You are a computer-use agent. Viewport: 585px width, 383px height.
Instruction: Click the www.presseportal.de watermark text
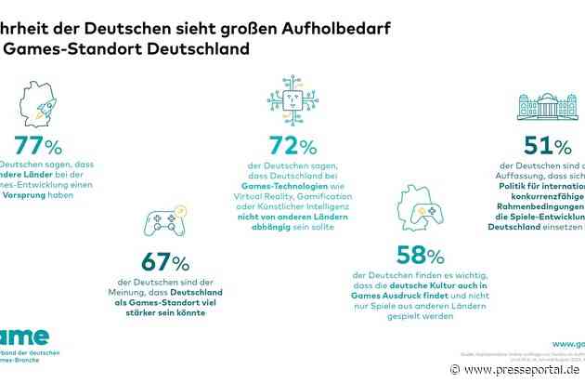pyautogui.click(x=520, y=369)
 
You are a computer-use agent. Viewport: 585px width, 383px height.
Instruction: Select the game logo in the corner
pyautogui.click(x=23, y=336)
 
